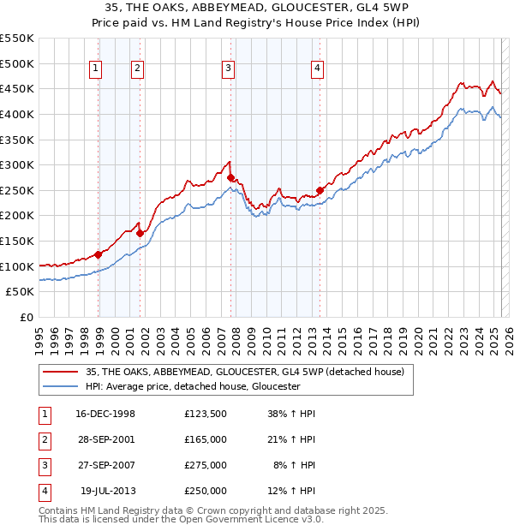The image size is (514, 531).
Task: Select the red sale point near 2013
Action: pos(320,190)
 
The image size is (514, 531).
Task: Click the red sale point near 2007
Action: pos(231,177)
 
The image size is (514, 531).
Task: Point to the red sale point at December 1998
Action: pos(99,254)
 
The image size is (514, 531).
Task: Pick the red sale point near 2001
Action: pos(140,233)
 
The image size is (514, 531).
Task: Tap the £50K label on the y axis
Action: pos(20,292)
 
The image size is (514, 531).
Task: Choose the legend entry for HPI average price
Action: pos(192,386)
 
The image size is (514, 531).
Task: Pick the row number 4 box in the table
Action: pos(43,491)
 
